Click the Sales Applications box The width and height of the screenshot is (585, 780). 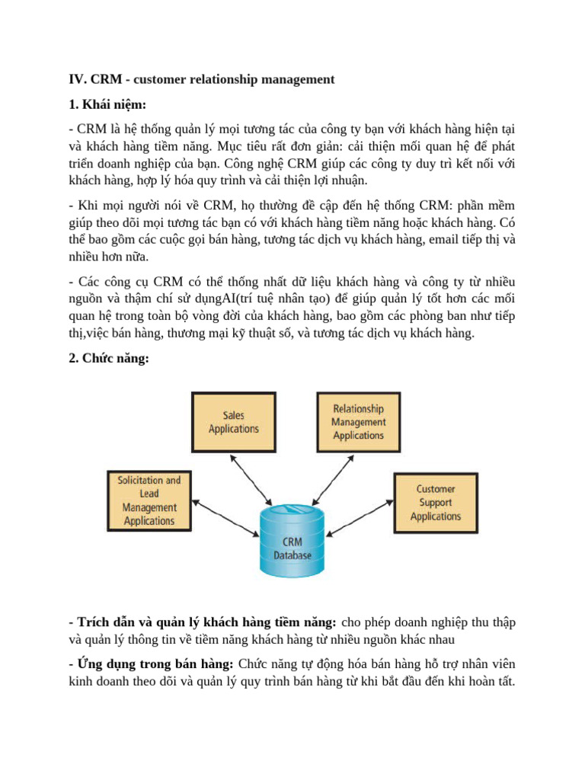pos(234,422)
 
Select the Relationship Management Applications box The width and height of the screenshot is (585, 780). pos(358,422)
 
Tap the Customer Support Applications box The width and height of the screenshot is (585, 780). pos(436,503)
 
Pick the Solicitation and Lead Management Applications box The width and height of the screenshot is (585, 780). pos(149,500)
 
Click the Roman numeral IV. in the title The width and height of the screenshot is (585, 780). pos(78,79)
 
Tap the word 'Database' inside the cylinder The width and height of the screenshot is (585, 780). pos(292,555)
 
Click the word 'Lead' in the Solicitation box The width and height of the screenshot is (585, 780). pos(149,494)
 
